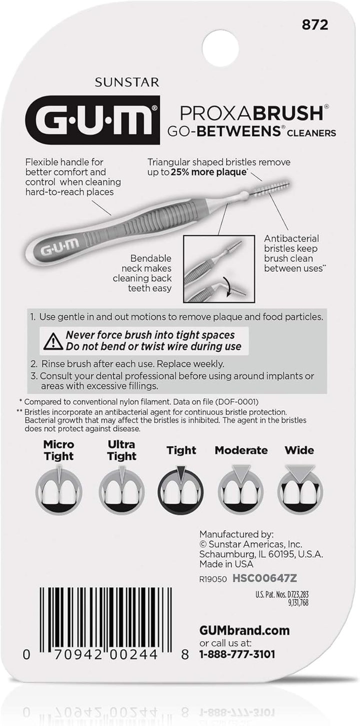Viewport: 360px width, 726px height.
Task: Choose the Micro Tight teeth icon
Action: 59,487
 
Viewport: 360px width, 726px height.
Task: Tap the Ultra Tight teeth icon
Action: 121,487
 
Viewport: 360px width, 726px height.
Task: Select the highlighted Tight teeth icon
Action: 181,487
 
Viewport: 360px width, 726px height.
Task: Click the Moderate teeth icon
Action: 241,487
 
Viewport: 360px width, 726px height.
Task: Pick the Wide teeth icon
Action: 299,487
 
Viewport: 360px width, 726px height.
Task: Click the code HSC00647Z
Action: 265,577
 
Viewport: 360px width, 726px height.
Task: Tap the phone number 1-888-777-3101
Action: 237,653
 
